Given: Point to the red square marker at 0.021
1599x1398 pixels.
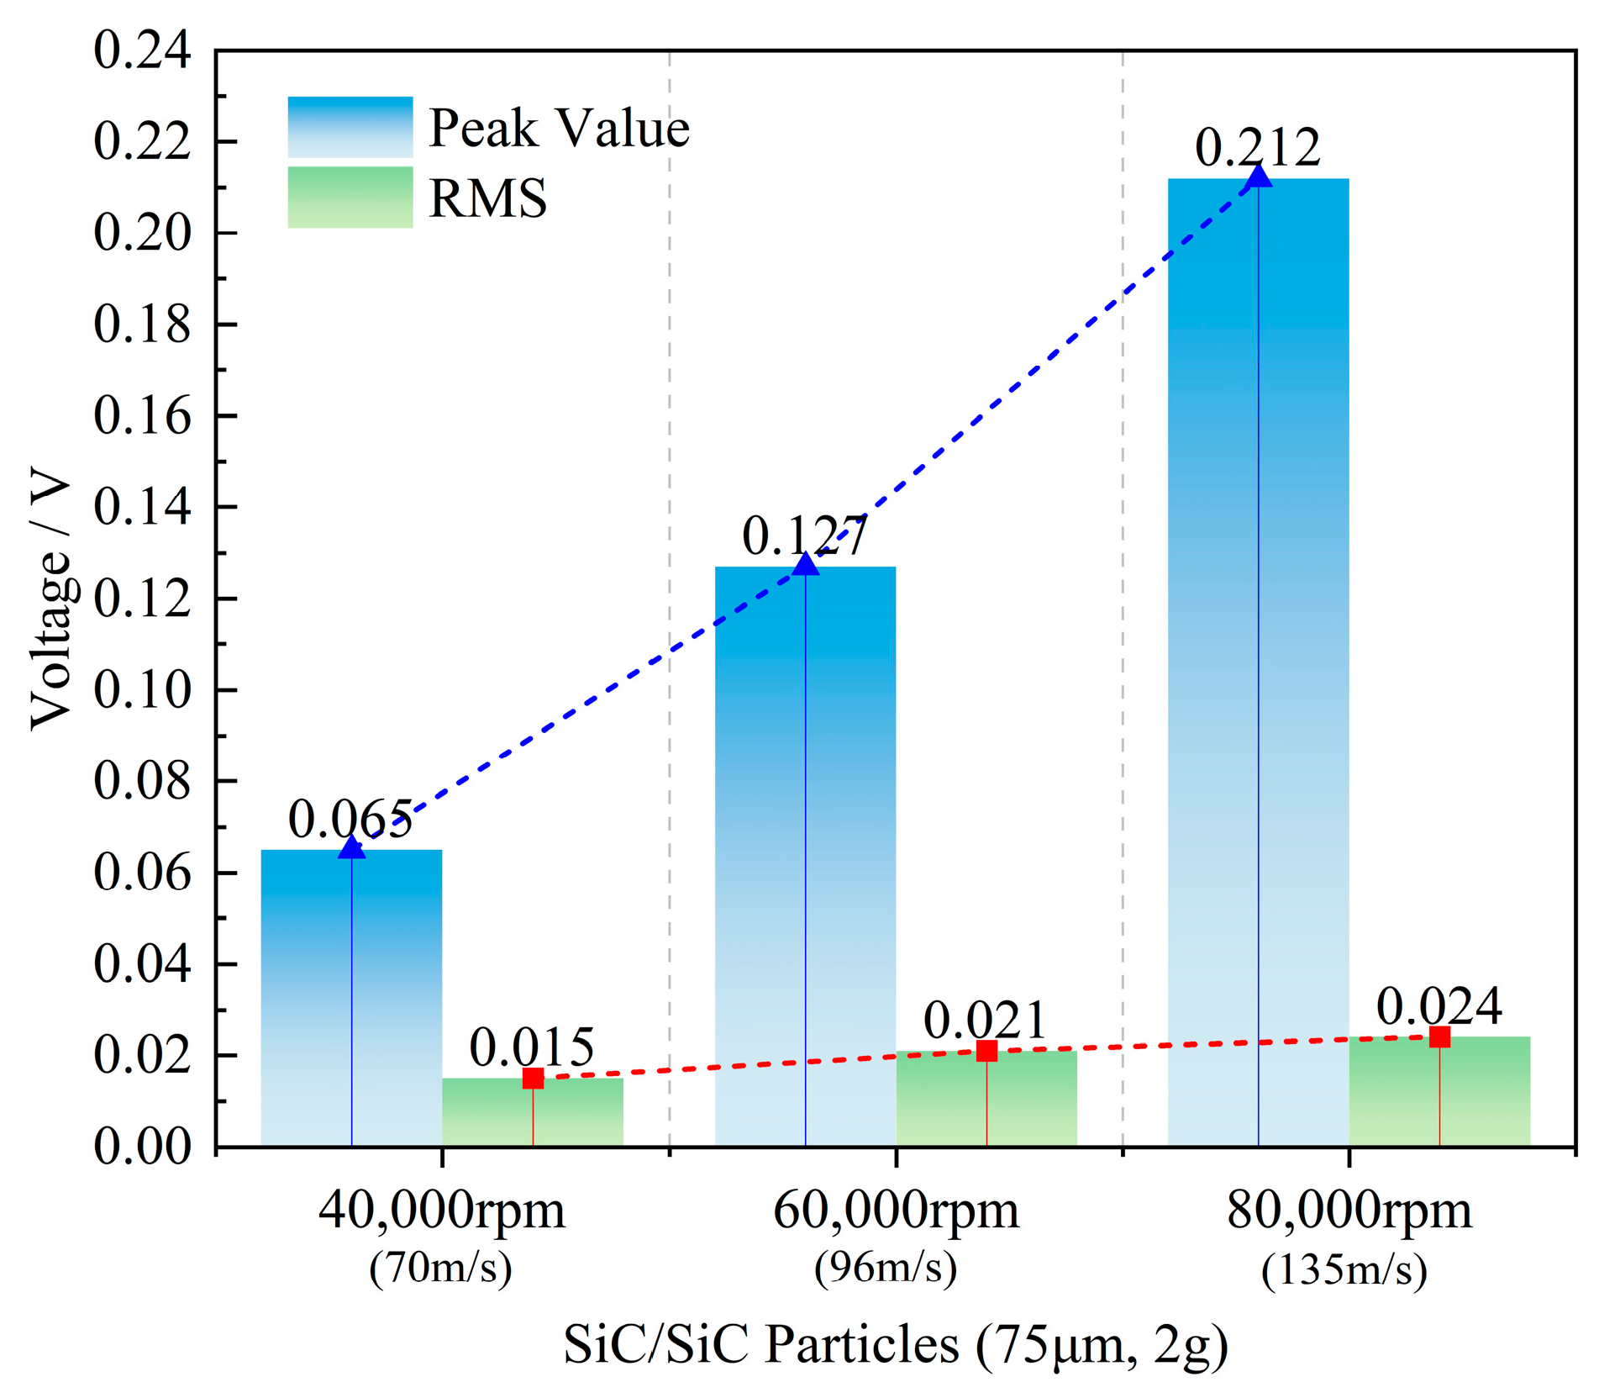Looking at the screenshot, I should coord(986,1051).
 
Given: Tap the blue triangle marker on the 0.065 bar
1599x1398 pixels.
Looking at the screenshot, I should coord(351,847).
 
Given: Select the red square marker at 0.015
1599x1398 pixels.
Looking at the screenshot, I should coord(533,1079).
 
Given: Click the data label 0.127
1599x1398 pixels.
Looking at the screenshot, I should coord(804,536).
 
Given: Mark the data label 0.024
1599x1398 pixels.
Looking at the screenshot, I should coord(1439,1006).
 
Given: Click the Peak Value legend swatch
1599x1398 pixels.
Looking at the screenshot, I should coord(350,127).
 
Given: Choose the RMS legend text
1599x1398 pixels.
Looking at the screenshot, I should coord(487,198).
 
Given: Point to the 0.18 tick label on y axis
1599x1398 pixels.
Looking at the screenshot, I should coord(142,324).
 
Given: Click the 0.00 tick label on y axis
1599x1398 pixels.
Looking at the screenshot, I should coord(142,1147).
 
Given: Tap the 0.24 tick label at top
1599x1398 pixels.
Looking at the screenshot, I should coord(142,50).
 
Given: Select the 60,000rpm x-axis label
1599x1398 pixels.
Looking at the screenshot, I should coord(895,1211).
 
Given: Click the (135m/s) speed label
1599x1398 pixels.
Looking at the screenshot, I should coord(1344,1269).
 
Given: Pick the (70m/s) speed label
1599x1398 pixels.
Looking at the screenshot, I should coord(440,1267).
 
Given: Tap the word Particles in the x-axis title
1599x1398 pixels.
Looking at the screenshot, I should coord(861,1343).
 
